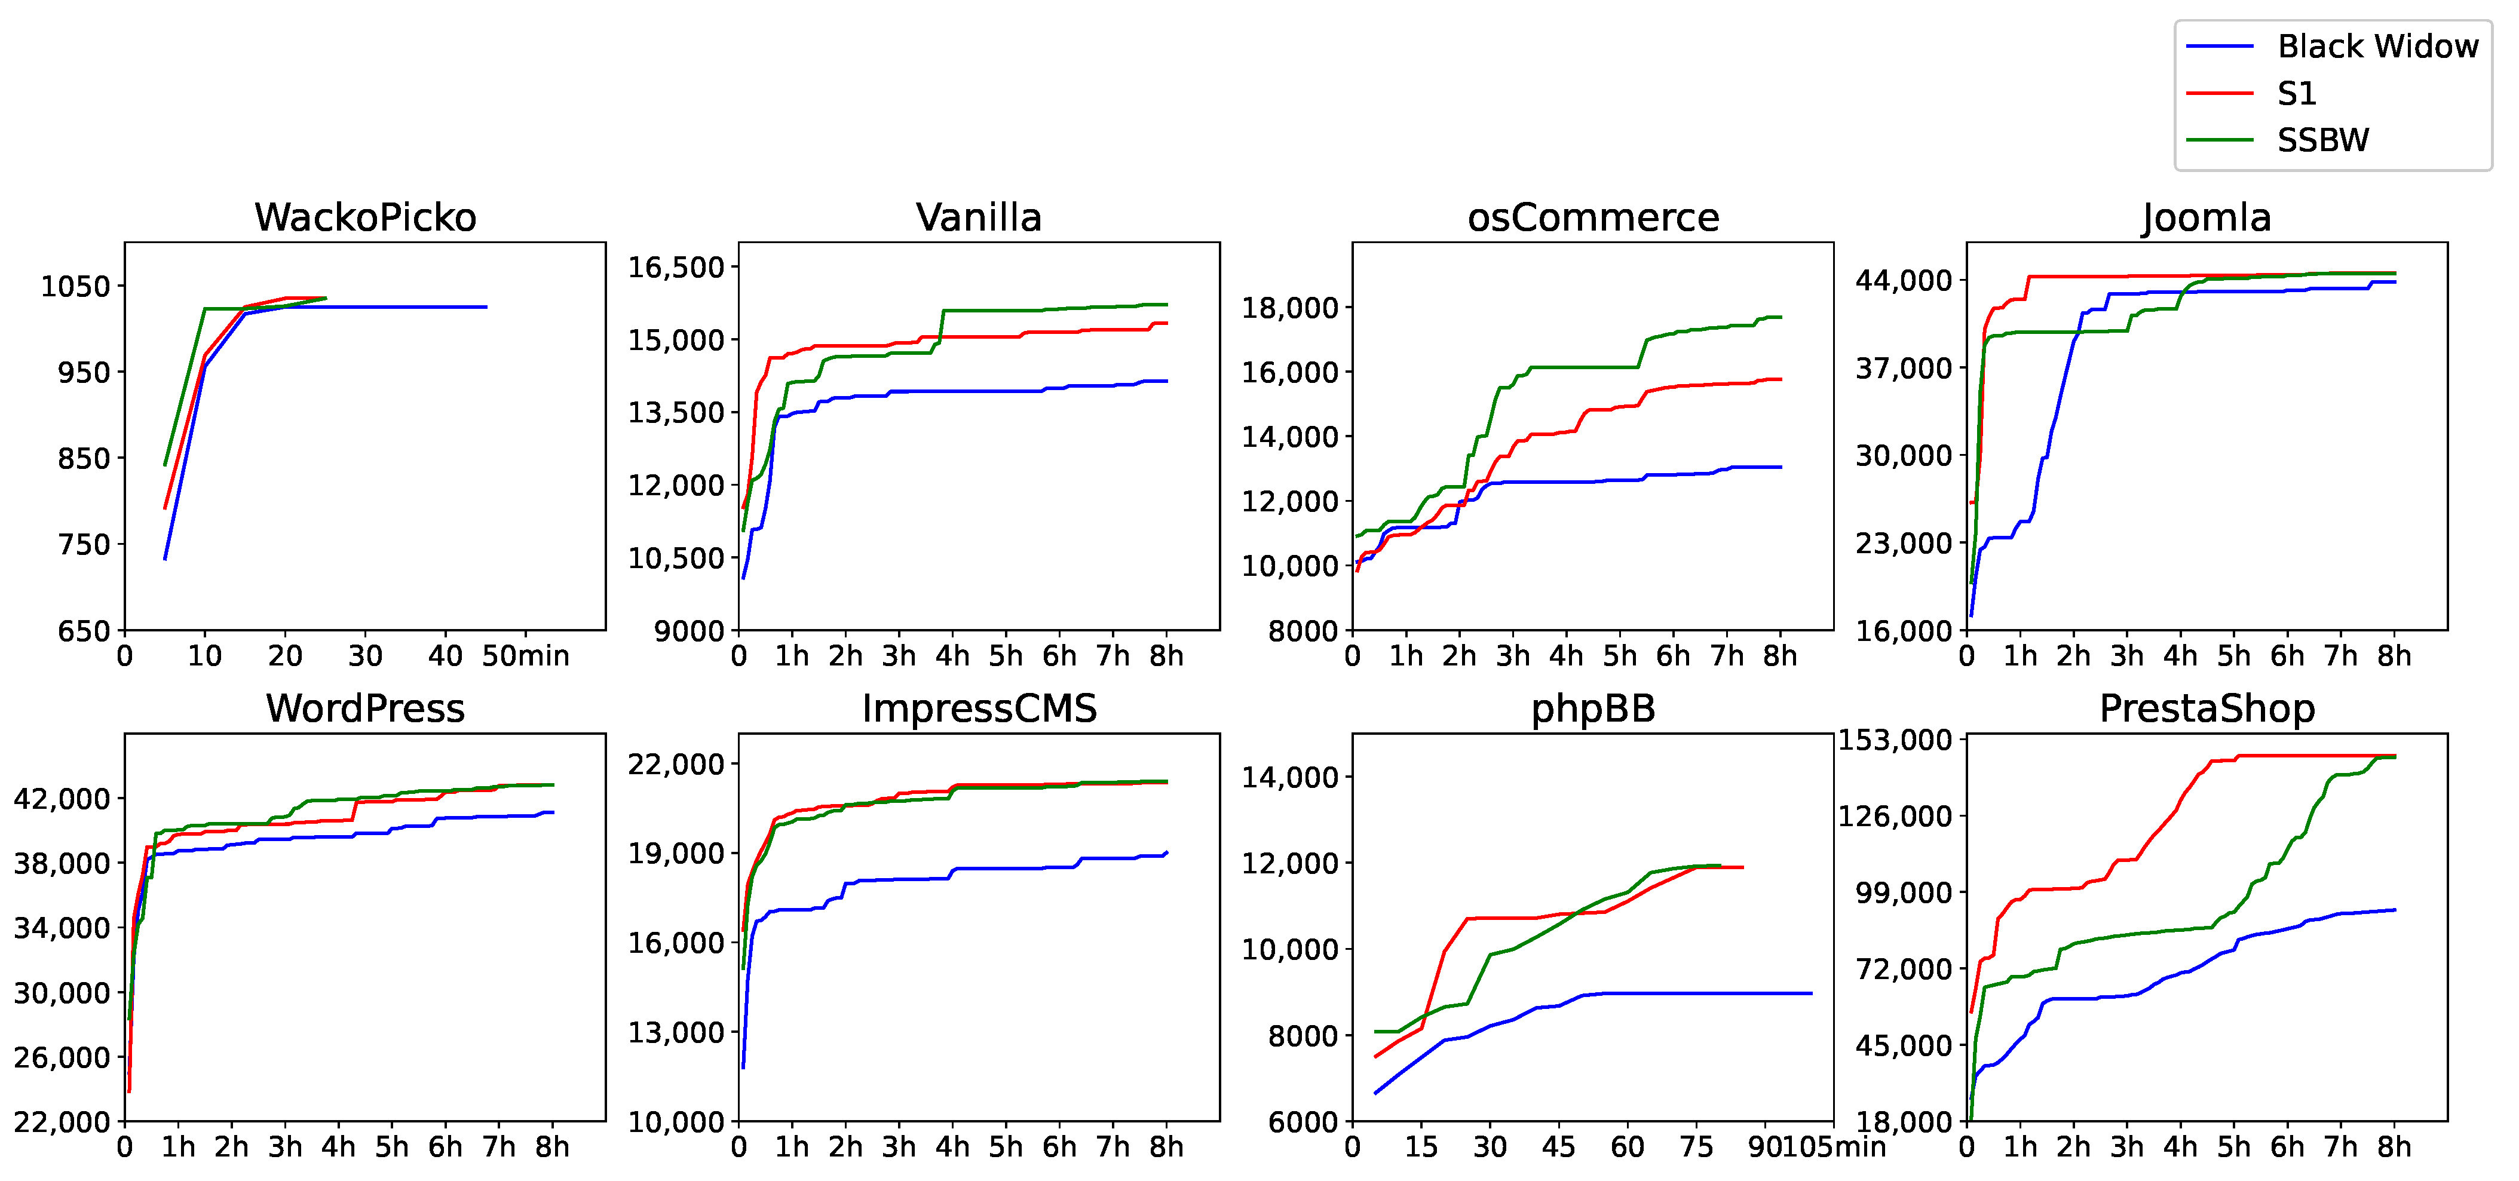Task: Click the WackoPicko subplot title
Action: point(364,217)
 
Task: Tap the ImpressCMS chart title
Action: point(979,708)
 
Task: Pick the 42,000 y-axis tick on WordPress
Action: point(62,799)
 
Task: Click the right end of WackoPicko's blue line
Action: point(486,307)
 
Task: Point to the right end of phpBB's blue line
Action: point(1811,993)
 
